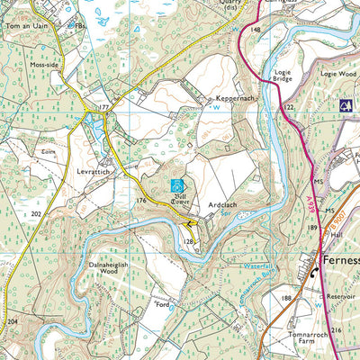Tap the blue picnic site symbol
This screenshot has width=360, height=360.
(x=345, y=105)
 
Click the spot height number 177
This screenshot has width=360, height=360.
(x=103, y=107)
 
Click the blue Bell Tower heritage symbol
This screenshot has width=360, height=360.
(x=177, y=186)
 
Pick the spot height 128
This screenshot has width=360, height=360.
(x=189, y=242)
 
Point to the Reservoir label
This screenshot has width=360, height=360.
(x=340, y=293)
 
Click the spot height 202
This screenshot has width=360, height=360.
(x=36, y=214)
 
